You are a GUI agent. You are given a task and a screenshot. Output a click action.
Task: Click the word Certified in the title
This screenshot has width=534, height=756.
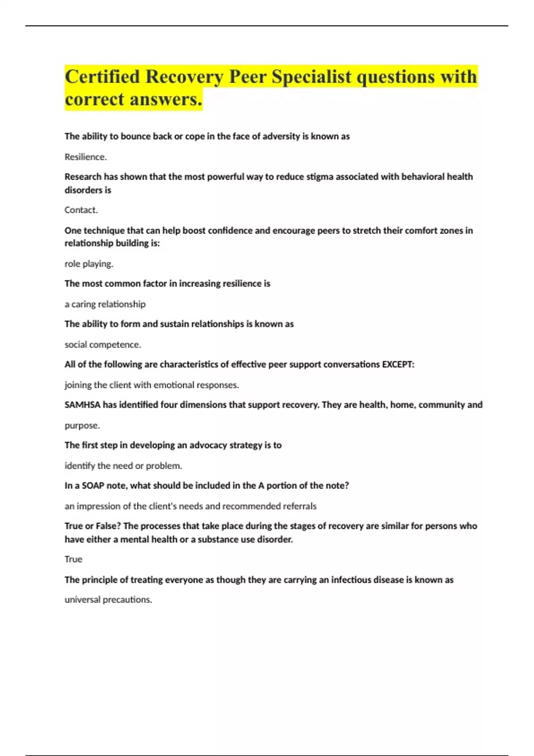click(x=102, y=77)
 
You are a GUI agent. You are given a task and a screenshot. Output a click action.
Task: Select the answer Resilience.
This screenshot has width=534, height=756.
click(x=85, y=157)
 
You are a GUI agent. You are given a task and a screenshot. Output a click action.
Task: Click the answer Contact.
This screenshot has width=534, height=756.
click(x=81, y=210)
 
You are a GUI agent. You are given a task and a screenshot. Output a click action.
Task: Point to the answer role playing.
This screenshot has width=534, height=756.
click(x=89, y=264)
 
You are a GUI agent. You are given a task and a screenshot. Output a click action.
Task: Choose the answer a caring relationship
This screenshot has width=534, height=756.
click(x=105, y=304)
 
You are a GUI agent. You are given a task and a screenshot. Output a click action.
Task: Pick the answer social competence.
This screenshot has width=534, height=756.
click(x=103, y=345)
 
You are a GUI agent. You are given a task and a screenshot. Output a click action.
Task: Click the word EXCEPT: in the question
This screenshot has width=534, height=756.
click(x=398, y=365)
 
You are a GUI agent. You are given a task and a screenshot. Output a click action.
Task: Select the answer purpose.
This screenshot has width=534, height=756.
click(x=82, y=426)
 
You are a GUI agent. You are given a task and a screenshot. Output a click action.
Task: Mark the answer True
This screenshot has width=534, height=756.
click(x=73, y=559)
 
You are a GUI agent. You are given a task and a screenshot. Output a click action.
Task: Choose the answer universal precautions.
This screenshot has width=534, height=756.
click(x=108, y=599)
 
